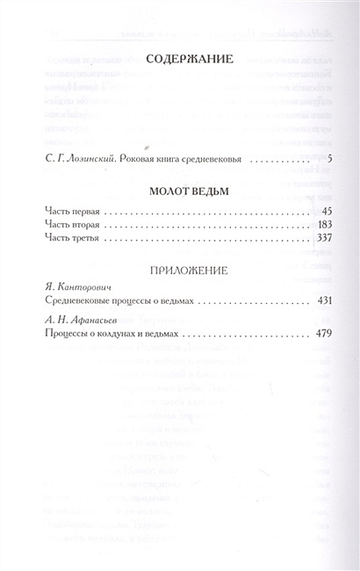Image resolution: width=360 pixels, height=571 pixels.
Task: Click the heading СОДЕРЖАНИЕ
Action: pyautogui.click(x=184, y=60)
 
